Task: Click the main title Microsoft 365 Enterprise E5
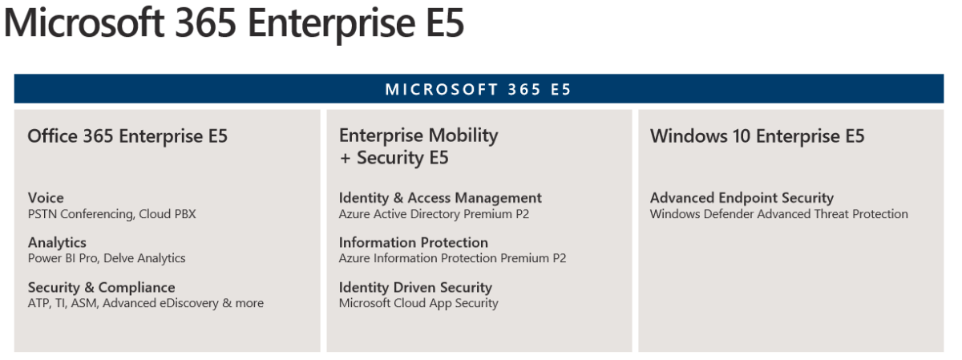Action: (234, 24)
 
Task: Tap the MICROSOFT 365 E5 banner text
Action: (479, 89)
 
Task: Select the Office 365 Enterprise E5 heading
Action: (127, 136)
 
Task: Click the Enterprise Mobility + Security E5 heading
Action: (418, 146)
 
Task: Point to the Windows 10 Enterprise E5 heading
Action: (757, 136)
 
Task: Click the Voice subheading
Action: (46, 197)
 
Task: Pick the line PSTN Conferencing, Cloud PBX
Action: (111, 214)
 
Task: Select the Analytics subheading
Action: (57, 242)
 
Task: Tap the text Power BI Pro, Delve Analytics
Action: (107, 258)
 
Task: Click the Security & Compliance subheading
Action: (101, 287)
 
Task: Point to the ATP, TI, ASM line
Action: (145, 303)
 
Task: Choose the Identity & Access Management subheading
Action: (440, 197)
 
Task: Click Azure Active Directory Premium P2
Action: (434, 214)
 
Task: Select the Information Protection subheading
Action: (413, 242)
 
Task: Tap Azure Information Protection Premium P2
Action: (452, 258)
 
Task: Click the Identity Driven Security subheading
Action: (415, 287)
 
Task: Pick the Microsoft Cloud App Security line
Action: (418, 303)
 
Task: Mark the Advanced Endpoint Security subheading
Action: (742, 197)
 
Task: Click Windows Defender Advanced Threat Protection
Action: (778, 214)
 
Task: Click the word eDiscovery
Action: (190, 303)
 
